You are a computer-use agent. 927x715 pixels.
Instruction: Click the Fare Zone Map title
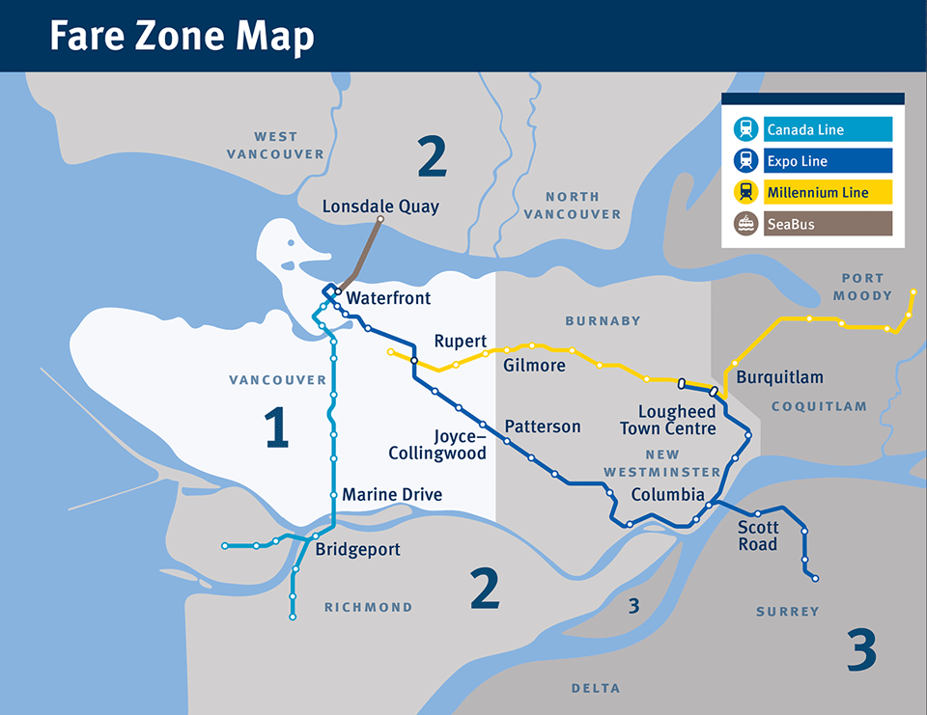182,36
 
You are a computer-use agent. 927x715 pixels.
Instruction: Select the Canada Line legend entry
804,129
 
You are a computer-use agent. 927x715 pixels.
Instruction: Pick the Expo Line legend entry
797,161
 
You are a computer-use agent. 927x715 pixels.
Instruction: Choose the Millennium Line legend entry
817,193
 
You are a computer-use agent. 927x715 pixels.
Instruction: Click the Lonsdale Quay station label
380,206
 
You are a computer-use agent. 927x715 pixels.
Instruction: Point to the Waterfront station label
388,298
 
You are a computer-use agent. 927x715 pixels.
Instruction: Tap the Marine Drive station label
392,495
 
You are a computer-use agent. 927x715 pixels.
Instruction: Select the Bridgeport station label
357,550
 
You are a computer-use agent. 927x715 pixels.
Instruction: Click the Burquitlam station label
779,377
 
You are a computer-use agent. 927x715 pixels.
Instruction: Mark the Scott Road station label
757,536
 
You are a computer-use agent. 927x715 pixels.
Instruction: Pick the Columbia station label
667,495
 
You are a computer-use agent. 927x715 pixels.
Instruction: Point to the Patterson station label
542,426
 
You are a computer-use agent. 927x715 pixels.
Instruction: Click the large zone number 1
276,428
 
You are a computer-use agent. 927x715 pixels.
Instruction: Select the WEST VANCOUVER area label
275,145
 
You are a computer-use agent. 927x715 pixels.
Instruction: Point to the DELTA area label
596,688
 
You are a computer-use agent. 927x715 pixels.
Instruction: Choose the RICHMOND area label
368,607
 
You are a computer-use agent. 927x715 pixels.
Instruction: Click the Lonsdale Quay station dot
380,220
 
